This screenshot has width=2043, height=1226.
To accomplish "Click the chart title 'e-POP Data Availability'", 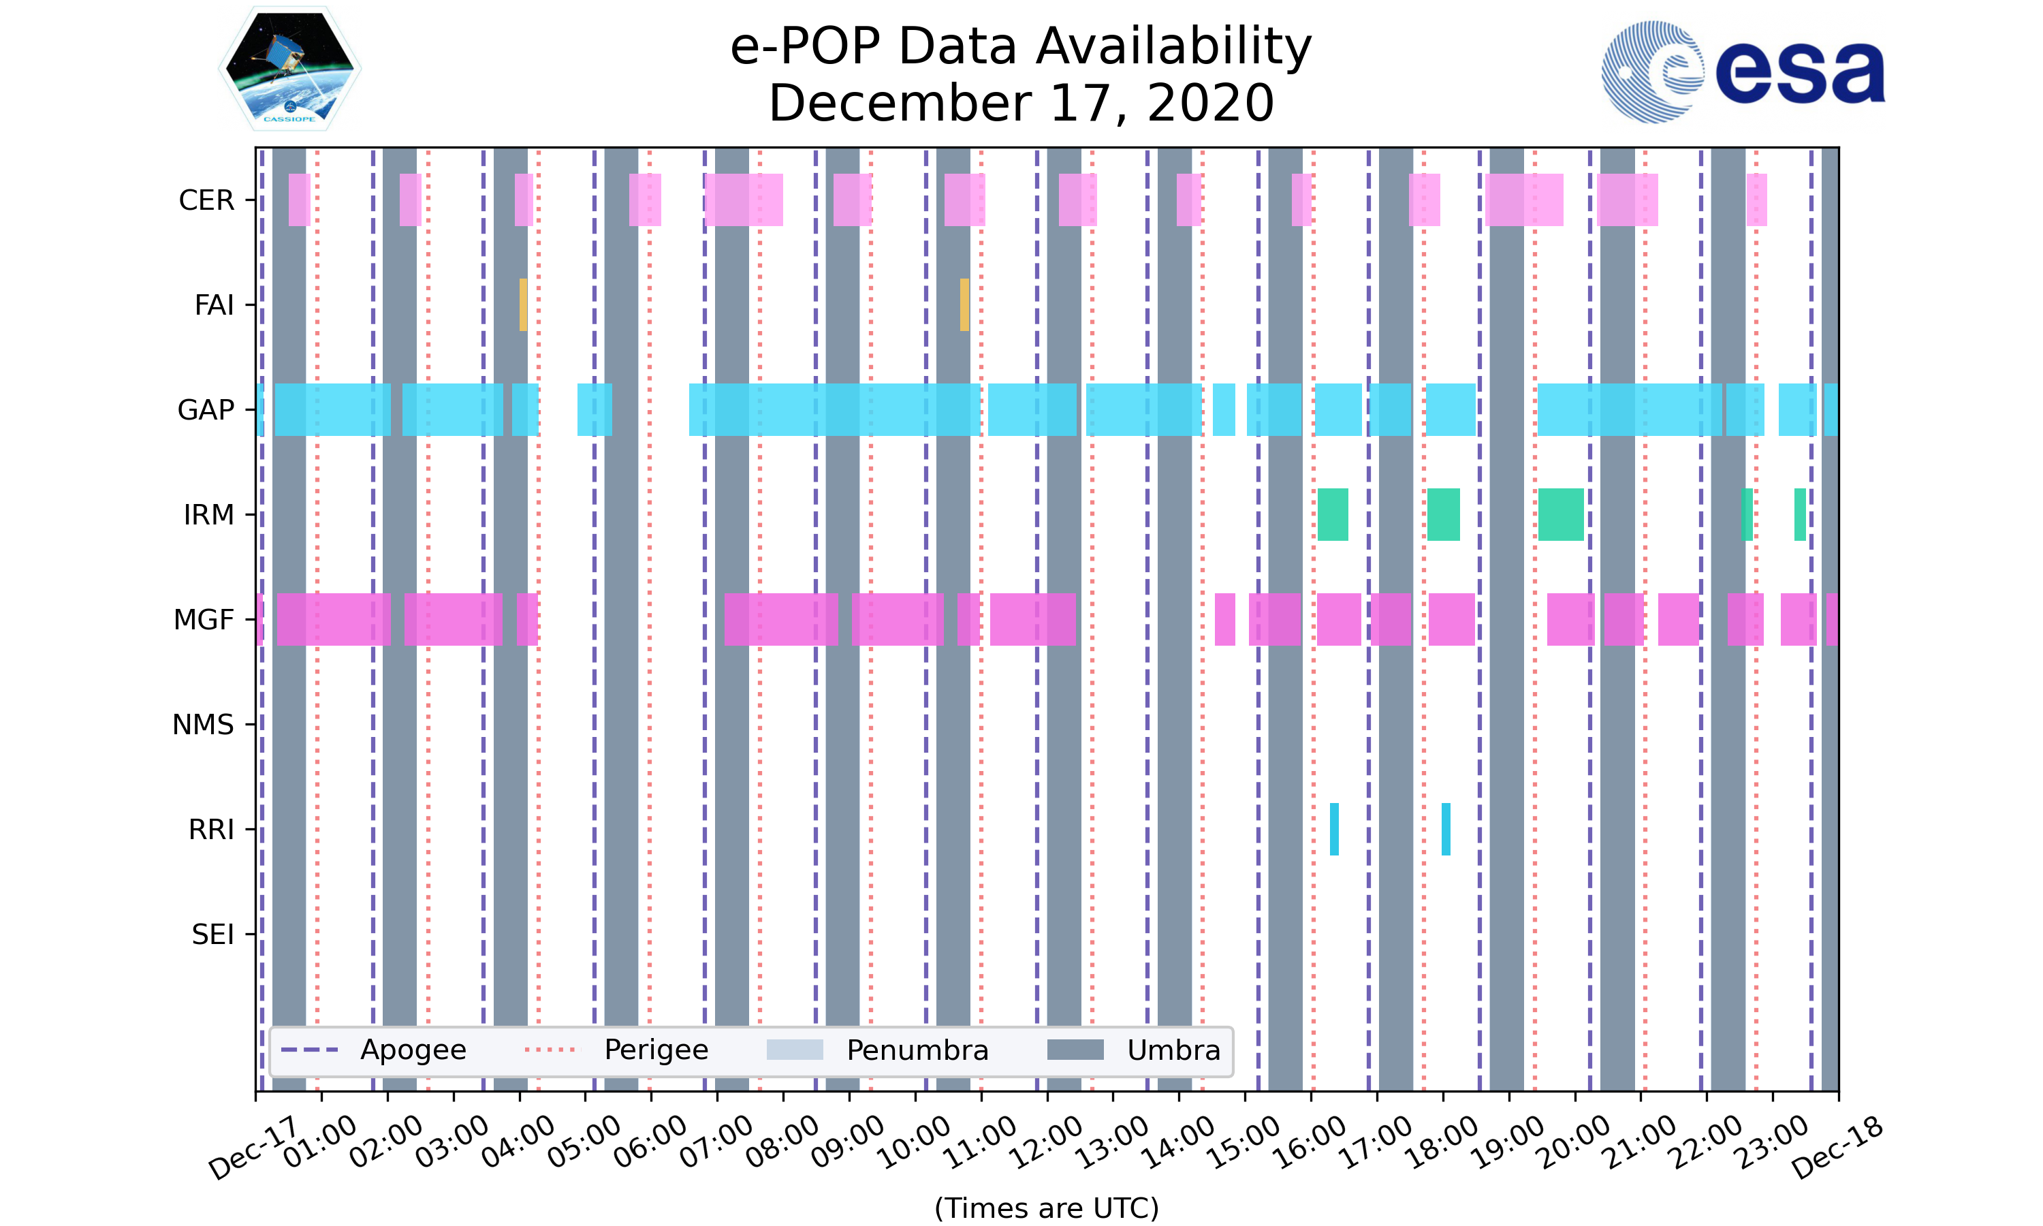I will [x=1021, y=46].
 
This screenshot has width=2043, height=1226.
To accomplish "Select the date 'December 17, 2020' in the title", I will [x=1021, y=104].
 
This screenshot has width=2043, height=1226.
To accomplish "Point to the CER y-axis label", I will [x=206, y=200].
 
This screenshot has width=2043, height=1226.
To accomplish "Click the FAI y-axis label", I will [x=214, y=305].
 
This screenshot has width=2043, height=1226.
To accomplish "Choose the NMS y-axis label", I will [x=203, y=725].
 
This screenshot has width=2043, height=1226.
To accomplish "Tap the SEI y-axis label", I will [x=212, y=934].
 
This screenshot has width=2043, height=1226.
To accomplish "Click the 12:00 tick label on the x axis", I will [x=1046, y=1142].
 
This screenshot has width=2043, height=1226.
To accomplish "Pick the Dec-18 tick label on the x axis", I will [x=1837, y=1148].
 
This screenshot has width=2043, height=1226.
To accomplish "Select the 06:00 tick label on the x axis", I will [x=650, y=1142].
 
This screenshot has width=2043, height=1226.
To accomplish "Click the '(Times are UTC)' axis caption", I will [x=1046, y=1208].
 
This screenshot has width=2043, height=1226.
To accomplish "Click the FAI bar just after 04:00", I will [x=523, y=305].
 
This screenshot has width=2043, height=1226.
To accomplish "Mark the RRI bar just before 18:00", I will [x=1445, y=829].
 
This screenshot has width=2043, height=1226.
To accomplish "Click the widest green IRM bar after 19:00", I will [x=1560, y=515].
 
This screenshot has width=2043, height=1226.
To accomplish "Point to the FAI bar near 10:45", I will [x=964, y=305].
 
